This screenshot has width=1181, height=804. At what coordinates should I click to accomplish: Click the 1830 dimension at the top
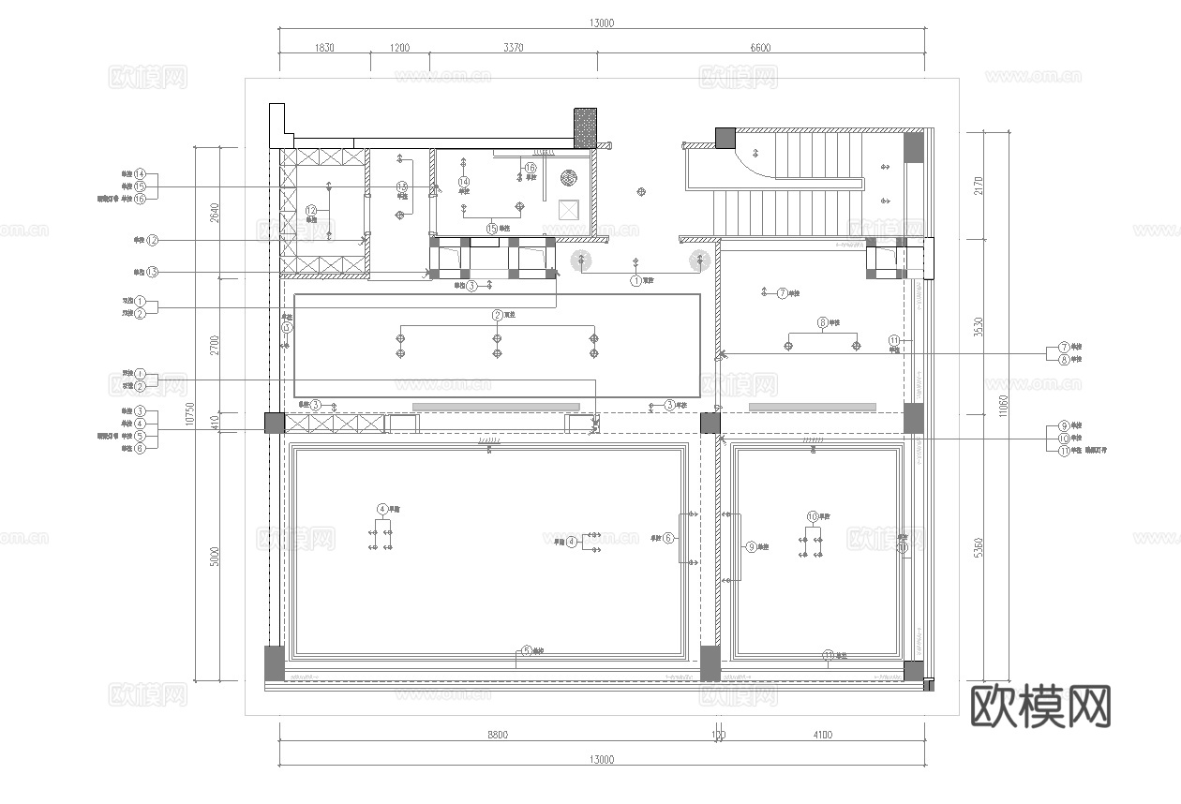pos(323,48)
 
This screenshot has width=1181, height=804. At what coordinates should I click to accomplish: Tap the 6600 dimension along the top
pos(760,48)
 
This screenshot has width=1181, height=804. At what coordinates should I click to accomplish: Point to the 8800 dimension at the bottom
pos(497,735)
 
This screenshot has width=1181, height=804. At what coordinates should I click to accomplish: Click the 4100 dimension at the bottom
pos(822,735)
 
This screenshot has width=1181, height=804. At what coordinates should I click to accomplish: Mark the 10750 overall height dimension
pos(189,413)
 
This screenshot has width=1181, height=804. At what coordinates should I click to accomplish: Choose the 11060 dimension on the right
pos(1004,405)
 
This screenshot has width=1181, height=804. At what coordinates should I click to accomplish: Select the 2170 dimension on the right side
pos(979,185)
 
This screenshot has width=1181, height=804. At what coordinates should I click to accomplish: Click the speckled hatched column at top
pos(585,127)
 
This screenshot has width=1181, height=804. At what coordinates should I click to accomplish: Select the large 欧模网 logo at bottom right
pos(1040,706)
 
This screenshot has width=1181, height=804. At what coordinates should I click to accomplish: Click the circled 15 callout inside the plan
pos(491,228)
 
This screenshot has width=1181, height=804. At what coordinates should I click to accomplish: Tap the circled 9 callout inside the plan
pos(750,546)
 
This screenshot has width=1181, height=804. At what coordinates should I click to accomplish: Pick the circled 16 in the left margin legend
pos(140,199)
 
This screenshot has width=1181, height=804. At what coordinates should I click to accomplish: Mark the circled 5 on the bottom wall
pos(527,650)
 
